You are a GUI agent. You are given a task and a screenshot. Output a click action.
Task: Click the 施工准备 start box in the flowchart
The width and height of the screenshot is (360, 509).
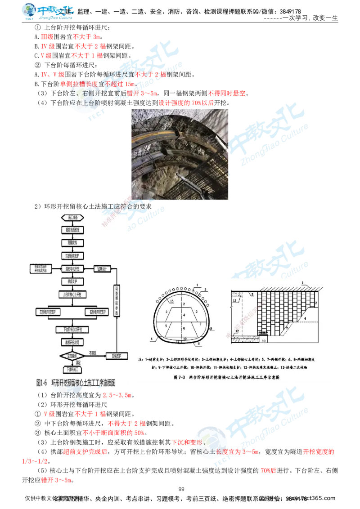[x=72, y=217]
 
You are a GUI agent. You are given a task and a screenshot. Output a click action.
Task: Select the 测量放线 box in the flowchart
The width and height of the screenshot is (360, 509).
[x=72, y=242]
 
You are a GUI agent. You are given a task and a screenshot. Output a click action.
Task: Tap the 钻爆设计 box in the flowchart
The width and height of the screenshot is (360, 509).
[x=101, y=268]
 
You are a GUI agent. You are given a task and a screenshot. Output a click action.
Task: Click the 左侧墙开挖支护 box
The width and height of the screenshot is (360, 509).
[x=49, y=311]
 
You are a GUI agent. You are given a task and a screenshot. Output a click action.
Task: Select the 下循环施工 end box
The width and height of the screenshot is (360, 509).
[x=72, y=369]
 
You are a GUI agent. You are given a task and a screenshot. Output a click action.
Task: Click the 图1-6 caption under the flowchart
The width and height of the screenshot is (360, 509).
[x=76, y=383]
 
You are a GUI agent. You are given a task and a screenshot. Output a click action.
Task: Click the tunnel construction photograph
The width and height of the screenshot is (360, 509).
[x=180, y=154]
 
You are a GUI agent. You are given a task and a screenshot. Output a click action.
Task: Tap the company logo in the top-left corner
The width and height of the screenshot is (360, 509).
[x=48, y=12]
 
